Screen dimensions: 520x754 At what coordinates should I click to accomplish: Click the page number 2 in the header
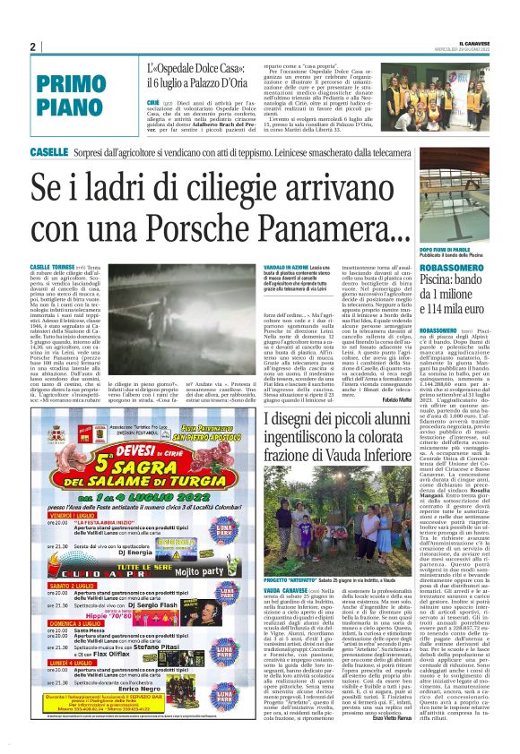point(32,47)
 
